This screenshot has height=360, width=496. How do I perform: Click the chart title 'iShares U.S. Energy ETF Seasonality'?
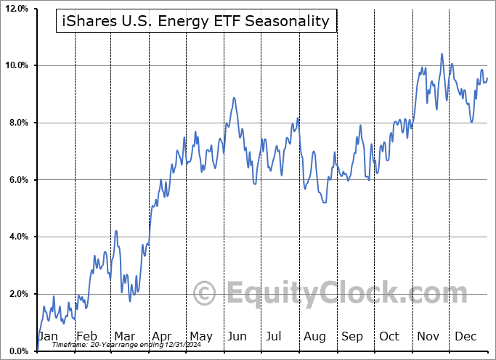195,22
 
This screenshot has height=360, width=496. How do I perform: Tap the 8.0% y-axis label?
17,123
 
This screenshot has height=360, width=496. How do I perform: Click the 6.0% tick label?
17,180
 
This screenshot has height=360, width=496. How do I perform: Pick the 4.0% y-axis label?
17,237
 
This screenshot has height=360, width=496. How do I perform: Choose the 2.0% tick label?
17,294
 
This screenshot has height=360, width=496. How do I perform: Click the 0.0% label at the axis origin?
17,351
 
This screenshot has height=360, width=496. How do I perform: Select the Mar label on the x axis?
124,337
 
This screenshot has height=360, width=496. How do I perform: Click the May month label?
200,337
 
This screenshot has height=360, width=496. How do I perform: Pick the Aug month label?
315,337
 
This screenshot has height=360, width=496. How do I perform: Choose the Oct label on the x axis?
390,337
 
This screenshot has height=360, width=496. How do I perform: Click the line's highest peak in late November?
441,54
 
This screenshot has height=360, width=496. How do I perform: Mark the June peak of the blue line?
234,98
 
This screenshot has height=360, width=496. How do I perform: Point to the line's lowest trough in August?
323,202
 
